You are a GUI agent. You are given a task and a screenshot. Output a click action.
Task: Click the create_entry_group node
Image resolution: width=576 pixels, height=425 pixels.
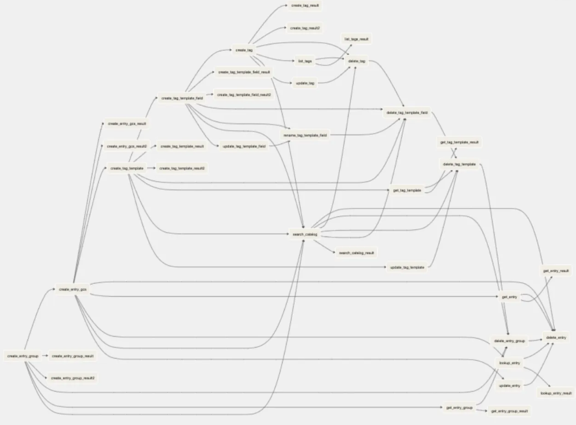point(23,356)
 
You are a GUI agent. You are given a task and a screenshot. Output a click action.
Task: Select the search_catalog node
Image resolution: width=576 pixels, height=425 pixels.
point(304,234)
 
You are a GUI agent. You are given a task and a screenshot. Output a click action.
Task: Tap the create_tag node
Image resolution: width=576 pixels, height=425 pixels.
point(244,50)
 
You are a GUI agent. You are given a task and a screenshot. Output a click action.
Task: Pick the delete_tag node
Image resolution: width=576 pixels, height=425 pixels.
point(357,61)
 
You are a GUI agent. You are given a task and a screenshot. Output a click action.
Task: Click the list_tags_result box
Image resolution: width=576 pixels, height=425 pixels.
point(357,39)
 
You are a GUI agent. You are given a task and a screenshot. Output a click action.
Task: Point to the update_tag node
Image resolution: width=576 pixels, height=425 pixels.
point(305,83)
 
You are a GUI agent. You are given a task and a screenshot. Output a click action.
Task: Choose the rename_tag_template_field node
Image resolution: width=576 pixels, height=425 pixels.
point(305,135)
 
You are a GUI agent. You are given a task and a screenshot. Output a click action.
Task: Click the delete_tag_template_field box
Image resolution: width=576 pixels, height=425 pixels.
point(407,112)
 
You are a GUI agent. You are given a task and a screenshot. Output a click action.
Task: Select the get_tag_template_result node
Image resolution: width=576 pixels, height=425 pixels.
point(460,142)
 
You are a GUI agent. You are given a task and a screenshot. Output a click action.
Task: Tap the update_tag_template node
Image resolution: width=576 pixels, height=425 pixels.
point(408,268)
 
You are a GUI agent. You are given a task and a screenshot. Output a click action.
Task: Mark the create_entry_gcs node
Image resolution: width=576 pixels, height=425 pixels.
point(72,289)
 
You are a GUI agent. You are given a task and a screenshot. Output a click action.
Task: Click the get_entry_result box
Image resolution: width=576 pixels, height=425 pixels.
point(556,271)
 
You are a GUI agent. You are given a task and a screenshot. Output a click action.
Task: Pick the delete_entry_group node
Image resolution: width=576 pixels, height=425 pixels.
point(509,341)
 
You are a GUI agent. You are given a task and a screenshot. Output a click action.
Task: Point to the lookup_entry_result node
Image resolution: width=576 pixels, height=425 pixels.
point(556,393)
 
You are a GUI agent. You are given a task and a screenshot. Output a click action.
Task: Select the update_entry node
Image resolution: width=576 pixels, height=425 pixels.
point(509,385)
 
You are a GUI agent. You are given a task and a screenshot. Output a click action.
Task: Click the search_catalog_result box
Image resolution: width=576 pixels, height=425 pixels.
point(357,253)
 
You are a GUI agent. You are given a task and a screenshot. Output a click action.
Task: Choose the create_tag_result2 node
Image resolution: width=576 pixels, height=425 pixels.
point(305,28)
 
